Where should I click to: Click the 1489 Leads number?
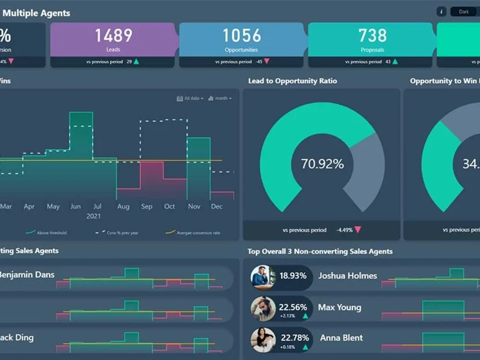(113, 36)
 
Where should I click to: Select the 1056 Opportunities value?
(241, 36)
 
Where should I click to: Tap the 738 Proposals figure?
(372, 36)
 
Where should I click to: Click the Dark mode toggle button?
(464, 12)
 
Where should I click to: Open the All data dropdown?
(191, 98)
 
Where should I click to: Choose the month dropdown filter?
(220, 98)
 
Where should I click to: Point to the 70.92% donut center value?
(322, 164)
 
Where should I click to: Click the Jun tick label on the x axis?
(75, 206)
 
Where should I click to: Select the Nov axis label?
(194, 206)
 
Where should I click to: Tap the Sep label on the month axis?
(146, 206)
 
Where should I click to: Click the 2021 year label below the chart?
(94, 216)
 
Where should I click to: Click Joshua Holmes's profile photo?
(263, 277)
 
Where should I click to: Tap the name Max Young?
(339, 307)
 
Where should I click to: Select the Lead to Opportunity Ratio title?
(292, 81)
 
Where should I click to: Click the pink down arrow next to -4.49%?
(357, 230)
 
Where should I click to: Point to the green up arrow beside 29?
(136, 62)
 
